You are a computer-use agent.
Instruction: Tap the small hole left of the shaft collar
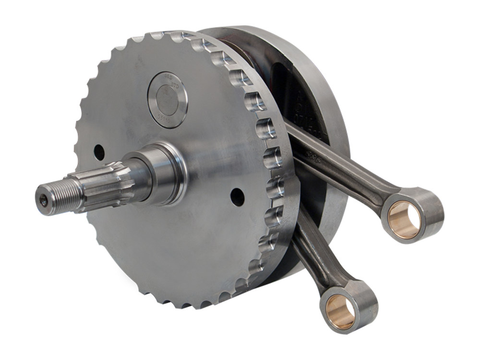point(99,152)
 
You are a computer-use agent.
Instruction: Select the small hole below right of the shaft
point(237,197)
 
